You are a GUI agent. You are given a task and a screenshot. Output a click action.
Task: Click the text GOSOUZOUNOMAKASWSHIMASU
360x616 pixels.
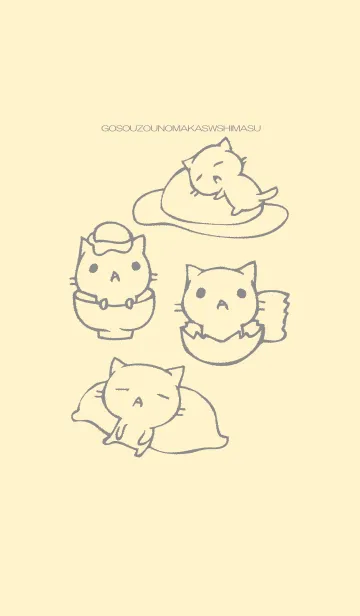181,128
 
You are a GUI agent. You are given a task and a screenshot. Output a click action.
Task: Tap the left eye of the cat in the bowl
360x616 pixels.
93,268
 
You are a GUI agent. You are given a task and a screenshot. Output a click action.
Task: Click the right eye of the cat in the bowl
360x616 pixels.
136,266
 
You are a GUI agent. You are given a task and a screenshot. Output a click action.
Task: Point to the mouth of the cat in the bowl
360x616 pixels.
115,277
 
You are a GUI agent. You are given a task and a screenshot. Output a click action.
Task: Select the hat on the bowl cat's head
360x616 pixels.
111,237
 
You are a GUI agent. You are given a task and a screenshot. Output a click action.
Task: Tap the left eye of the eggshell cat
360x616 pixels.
201,293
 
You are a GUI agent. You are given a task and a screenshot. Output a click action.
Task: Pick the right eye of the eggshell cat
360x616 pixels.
241,293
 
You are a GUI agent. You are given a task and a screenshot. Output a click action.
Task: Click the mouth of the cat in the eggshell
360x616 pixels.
222,304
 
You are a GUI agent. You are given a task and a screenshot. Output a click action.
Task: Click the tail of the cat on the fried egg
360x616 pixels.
267,194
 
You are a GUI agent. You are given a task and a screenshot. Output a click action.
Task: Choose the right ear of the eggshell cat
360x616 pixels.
248,270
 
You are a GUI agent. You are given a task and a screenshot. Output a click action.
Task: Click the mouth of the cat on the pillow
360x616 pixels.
138,402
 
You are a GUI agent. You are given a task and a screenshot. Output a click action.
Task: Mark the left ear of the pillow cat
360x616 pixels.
117,367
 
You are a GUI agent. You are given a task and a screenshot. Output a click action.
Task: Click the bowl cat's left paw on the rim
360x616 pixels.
103,304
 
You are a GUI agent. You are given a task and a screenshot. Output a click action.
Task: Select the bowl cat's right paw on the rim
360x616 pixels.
129,303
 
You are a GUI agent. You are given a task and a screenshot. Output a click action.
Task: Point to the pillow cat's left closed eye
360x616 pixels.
122,390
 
